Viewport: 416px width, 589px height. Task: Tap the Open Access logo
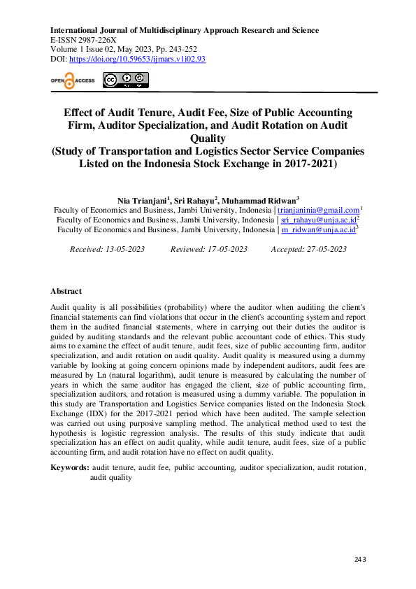tap(72, 80)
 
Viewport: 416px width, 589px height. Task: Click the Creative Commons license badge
tap(126, 80)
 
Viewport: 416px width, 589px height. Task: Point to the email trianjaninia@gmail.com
tap(318, 210)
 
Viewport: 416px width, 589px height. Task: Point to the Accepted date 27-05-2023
tap(324, 249)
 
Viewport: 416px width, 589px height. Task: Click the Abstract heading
tap(66, 291)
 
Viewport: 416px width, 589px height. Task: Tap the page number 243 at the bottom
tap(360, 559)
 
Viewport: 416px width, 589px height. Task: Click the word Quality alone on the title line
tap(208, 139)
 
